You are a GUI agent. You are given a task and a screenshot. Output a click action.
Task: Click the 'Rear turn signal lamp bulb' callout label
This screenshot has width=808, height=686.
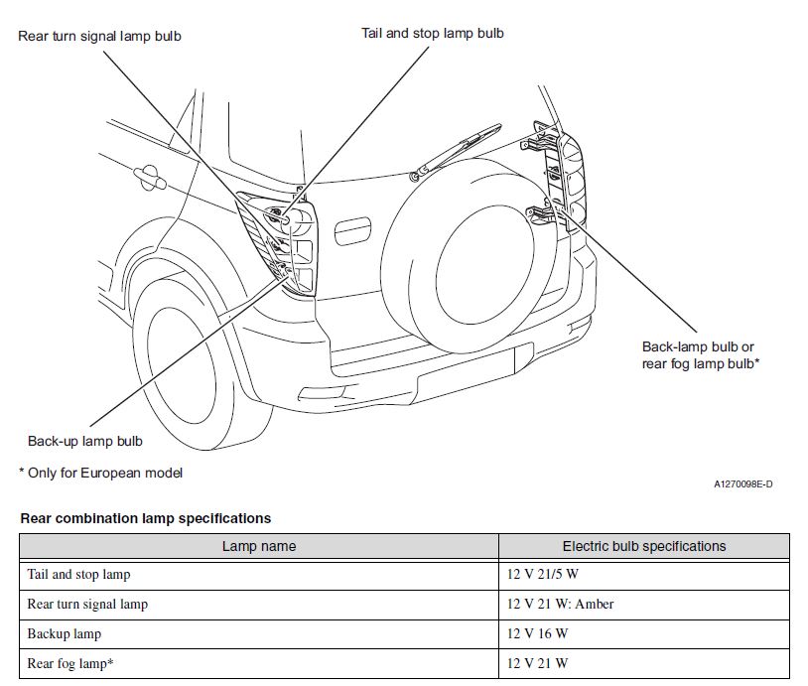click(x=99, y=37)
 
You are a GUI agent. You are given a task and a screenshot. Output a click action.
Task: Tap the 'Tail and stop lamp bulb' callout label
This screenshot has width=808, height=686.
click(x=432, y=33)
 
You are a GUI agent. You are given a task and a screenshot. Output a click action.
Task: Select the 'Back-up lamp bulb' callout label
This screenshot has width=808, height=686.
click(x=84, y=441)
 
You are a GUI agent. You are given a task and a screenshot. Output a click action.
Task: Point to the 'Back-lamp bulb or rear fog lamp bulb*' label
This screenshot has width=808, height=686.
click(x=701, y=355)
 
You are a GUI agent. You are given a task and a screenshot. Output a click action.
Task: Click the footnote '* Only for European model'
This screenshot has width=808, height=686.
click(x=100, y=473)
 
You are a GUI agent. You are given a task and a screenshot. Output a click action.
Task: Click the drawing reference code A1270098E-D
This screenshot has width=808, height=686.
click(x=742, y=484)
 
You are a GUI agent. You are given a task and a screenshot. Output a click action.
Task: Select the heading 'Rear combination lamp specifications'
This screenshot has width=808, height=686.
click(x=145, y=518)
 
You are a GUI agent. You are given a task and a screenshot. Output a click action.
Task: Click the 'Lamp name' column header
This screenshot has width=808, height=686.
click(x=258, y=546)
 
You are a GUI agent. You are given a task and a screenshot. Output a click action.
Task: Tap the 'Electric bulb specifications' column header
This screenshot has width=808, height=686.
click(x=643, y=546)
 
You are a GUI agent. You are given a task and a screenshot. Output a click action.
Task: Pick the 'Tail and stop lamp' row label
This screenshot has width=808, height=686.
click(x=78, y=574)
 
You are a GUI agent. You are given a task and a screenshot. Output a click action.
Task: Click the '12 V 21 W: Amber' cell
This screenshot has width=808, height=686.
click(x=560, y=604)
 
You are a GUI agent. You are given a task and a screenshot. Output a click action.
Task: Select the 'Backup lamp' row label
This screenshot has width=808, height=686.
click(x=64, y=633)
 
